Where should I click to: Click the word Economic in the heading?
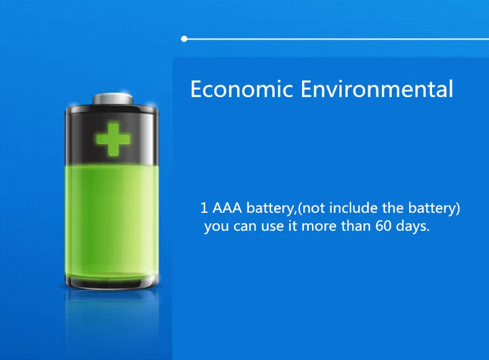pyautogui.click(x=241, y=89)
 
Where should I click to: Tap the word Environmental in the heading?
pyautogui.click(x=377, y=89)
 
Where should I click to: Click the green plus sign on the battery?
pyautogui.click(x=113, y=139)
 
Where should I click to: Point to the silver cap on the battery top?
pyautogui.click(x=113, y=99)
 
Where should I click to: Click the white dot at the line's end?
pyautogui.click(x=184, y=38)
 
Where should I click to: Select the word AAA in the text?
pyautogui.click(x=227, y=208)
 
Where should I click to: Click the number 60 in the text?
pyautogui.click(x=383, y=226)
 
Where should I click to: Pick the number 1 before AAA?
pyautogui.click(x=204, y=208)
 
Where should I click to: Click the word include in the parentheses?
pyautogui.click(x=353, y=208)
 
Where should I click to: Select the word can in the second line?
pyautogui.click(x=245, y=226)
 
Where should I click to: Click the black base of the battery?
pyautogui.click(x=112, y=283)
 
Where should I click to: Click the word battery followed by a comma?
pyautogui.click(x=270, y=208)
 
